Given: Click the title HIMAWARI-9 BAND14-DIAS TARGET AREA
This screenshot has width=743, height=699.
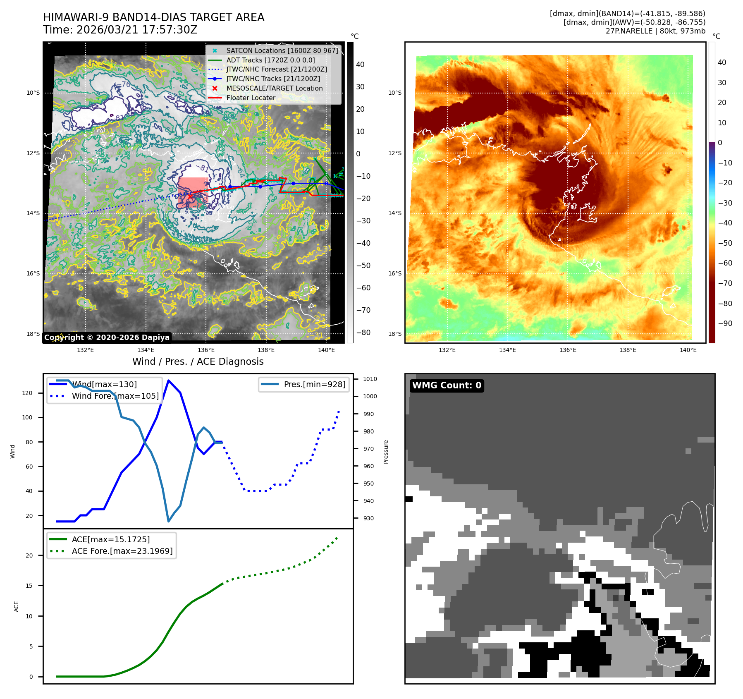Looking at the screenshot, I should (153, 17).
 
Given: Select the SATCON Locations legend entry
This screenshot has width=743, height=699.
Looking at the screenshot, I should (282, 50).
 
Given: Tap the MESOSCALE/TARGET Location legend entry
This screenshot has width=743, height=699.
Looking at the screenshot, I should (274, 88).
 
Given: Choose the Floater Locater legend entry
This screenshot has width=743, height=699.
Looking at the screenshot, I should (251, 98).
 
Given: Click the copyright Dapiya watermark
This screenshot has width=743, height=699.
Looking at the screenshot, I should (107, 338).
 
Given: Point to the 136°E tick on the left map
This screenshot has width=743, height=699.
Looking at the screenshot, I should (206, 350).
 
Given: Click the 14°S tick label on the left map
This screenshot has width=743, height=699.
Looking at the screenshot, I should (33, 213).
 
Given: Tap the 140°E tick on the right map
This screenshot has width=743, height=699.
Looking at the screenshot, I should (688, 350).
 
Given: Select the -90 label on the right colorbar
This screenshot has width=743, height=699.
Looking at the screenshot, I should (725, 323).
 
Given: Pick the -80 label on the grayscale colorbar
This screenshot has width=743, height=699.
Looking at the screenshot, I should (363, 333).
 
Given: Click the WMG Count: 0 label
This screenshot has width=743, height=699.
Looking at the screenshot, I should (447, 385).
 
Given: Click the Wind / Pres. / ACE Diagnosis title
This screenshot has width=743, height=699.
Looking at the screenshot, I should (198, 361).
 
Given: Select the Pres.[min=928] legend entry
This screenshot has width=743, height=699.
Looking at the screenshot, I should (314, 384).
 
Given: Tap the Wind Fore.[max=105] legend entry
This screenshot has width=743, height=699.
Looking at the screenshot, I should (115, 396).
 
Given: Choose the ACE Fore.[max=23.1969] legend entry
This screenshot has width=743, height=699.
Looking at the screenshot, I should (122, 551).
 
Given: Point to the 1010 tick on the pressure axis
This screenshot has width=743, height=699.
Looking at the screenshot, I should (370, 379).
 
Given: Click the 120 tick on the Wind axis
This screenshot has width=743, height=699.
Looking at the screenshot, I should (27, 393).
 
